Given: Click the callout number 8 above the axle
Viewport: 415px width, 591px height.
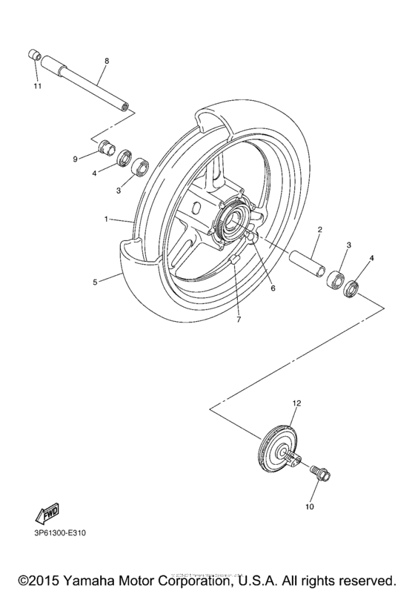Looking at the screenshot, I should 107,60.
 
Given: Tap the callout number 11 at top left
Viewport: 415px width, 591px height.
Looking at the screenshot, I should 37,87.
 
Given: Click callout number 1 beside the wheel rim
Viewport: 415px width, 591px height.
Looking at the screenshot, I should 107,219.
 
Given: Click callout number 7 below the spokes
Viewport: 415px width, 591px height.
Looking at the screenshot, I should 239,320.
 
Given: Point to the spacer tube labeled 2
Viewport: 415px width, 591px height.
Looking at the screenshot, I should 305,265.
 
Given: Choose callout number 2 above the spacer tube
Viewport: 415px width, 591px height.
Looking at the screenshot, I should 319,230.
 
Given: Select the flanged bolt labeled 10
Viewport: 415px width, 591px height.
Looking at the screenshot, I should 319,472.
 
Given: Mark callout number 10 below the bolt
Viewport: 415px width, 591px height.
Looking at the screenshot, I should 310,507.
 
